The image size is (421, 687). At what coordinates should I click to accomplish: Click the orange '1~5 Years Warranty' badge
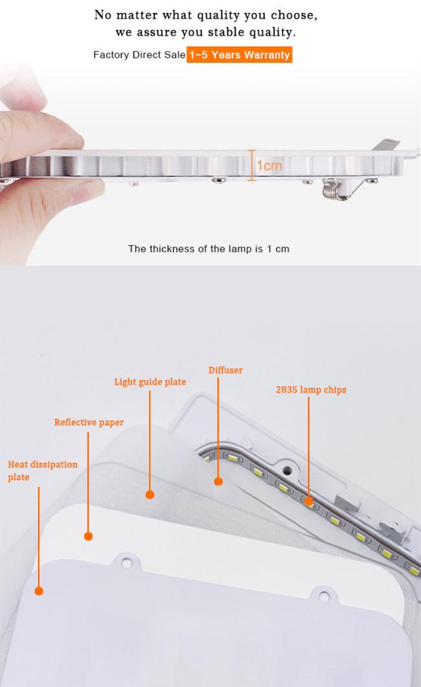click(240, 55)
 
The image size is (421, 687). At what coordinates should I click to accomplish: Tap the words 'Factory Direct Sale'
click(139, 55)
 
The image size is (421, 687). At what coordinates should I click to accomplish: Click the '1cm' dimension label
click(269, 166)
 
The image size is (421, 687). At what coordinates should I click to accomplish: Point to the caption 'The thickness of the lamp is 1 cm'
click(209, 249)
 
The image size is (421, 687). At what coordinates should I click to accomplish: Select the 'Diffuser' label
click(225, 370)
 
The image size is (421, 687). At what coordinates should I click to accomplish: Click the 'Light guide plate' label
click(150, 382)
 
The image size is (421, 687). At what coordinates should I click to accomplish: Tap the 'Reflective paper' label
click(89, 423)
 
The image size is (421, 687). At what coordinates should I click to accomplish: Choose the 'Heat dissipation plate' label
click(43, 471)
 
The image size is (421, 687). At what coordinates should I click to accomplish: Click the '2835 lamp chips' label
click(311, 390)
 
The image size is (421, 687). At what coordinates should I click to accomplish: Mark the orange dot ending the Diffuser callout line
click(218, 482)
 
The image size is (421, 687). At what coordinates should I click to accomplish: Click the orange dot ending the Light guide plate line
click(150, 495)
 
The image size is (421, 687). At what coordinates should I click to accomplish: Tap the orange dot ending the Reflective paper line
click(88, 536)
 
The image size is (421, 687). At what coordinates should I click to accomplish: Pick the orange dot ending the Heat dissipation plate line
click(39, 591)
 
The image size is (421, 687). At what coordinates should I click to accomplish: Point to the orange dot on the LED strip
click(308, 501)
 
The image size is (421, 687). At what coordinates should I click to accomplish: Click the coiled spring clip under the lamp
click(334, 190)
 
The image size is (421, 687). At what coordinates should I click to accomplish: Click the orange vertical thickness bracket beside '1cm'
click(252, 165)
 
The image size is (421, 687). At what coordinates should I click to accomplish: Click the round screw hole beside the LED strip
click(287, 471)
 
